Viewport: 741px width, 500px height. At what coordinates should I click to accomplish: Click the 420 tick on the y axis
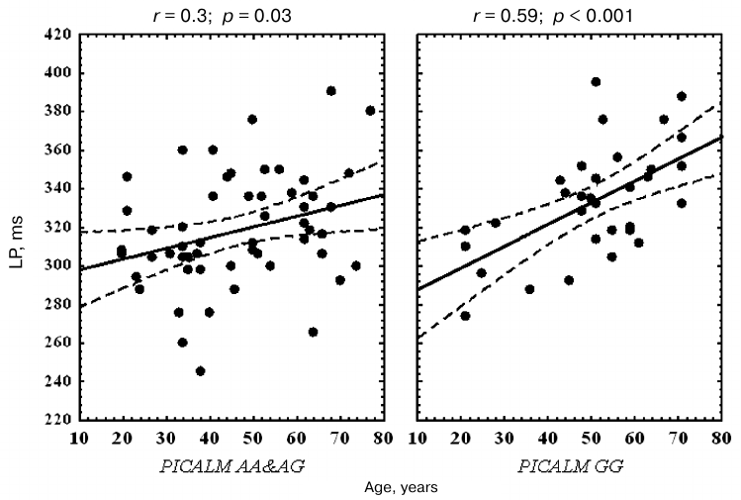48,35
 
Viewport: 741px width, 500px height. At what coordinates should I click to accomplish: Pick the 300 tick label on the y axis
48,265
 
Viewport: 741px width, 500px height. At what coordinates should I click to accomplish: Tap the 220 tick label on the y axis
48,420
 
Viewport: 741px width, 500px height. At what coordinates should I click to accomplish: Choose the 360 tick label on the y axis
48,150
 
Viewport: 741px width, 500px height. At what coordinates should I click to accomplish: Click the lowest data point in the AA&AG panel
200,371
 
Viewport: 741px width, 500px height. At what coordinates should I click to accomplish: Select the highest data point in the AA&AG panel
330,91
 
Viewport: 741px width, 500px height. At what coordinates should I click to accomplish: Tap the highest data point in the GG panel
596,82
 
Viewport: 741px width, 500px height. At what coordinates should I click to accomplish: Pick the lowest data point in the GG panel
465,316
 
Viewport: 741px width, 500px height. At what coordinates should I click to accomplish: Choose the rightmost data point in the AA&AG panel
370,111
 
